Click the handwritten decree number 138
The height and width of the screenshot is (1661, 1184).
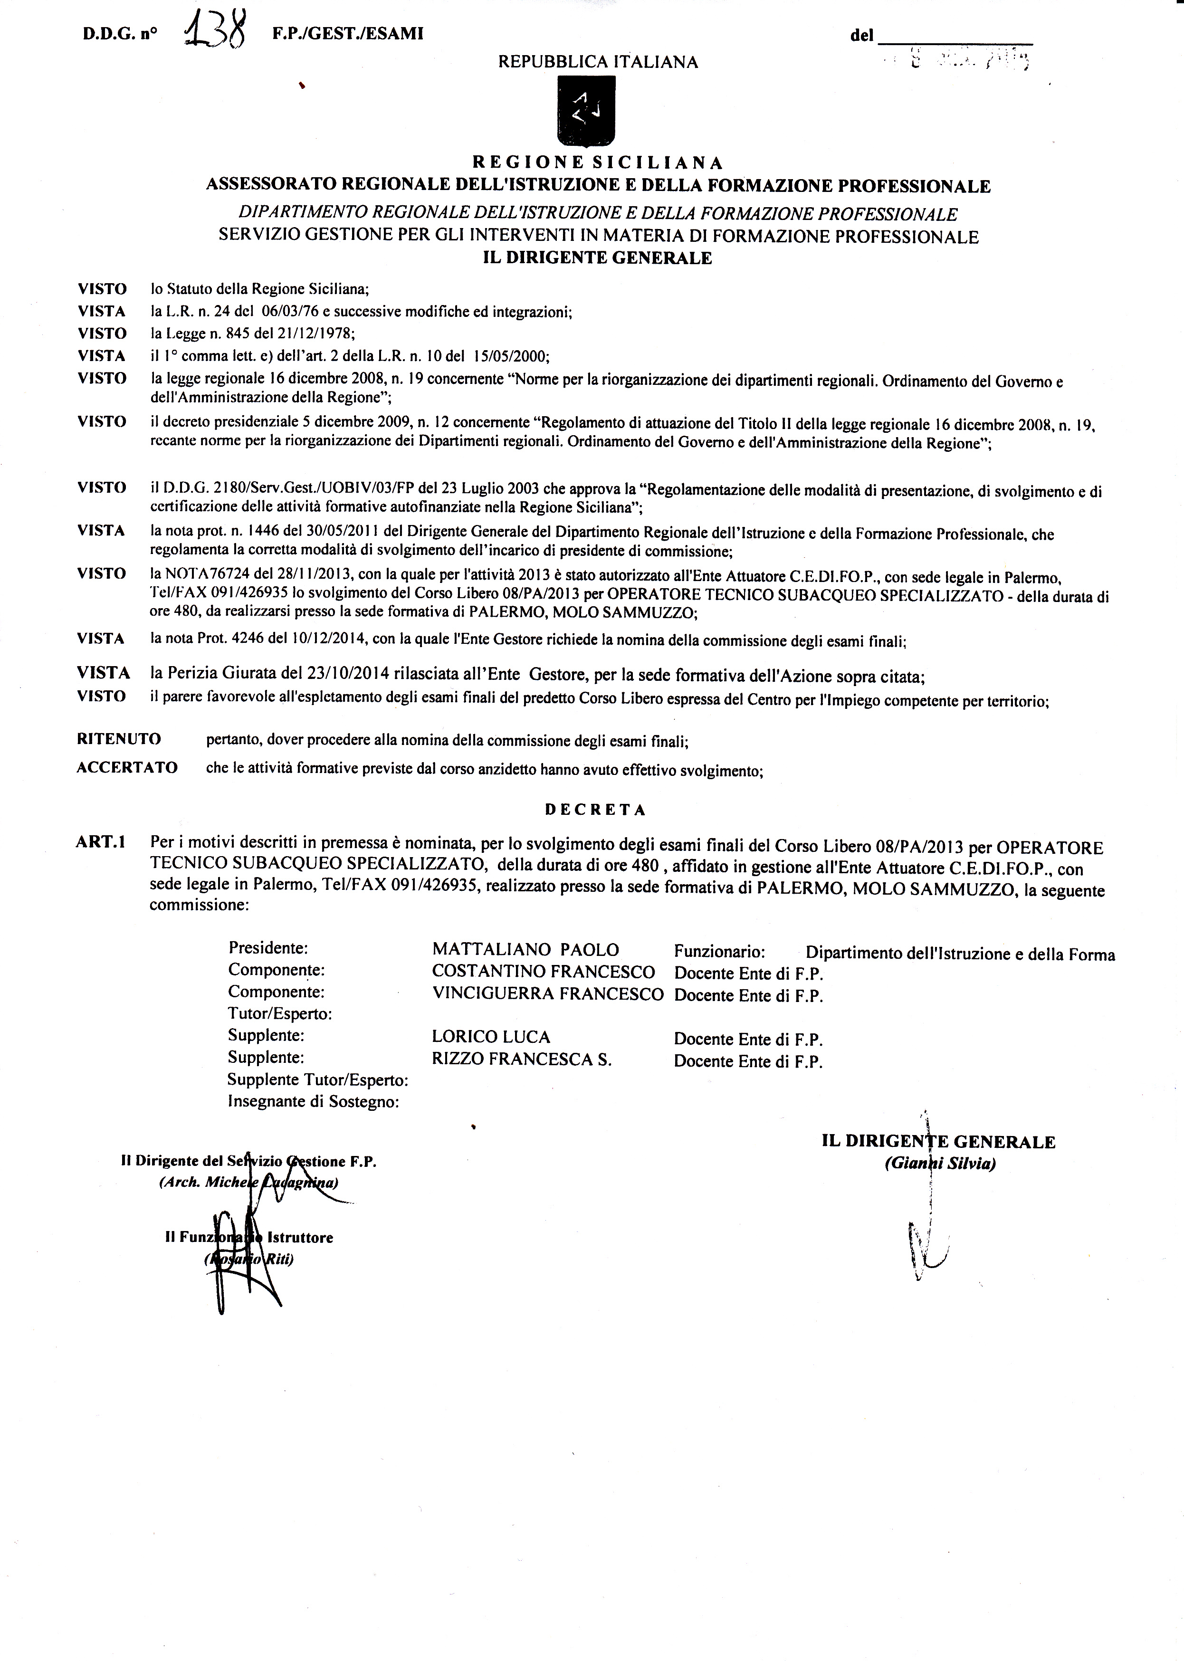pyautogui.click(x=214, y=33)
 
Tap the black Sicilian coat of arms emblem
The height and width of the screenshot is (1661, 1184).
pyautogui.click(x=586, y=113)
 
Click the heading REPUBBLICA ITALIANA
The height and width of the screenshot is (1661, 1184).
pyautogui.click(x=598, y=62)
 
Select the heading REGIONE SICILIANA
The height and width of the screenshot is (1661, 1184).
pyautogui.click(x=598, y=162)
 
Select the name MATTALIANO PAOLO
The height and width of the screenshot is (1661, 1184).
pyautogui.click(x=525, y=949)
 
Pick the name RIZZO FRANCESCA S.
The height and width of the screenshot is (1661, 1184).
pyautogui.click(x=521, y=1060)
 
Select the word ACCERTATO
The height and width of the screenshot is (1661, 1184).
pyautogui.click(x=127, y=767)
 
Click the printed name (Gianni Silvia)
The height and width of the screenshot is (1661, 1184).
pyautogui.click(x=940, y=1164)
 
